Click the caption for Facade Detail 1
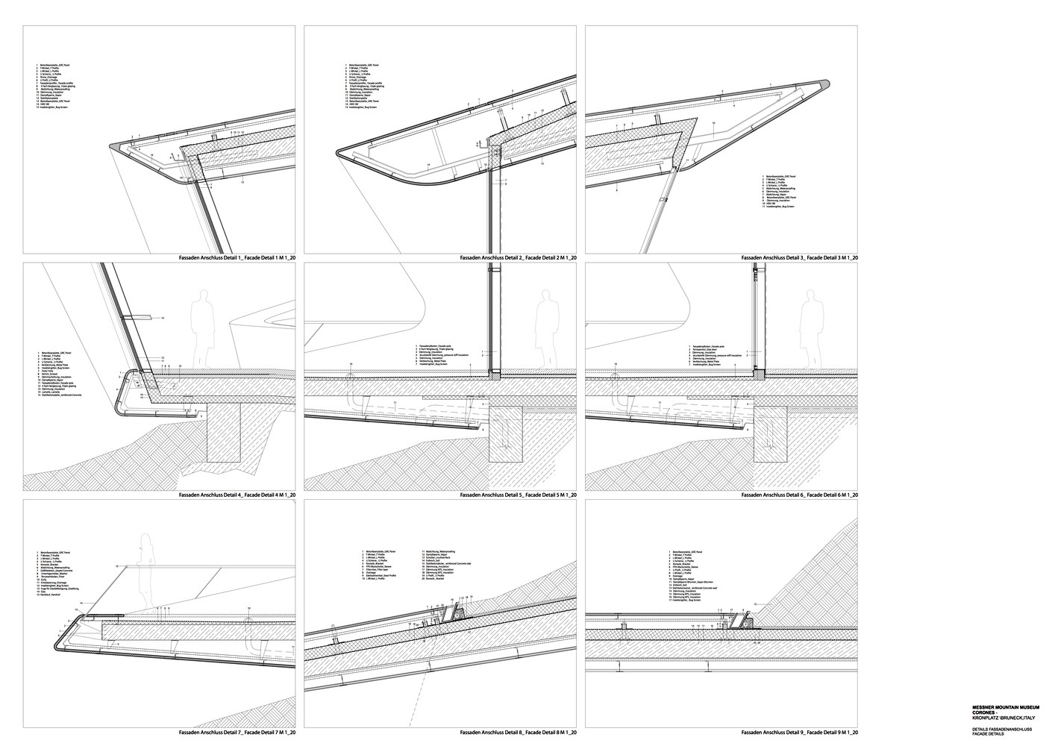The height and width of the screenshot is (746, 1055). tap(237, 257)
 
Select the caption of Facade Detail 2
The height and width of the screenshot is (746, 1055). tap(518, 257)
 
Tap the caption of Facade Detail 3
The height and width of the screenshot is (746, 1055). tap(799, 257)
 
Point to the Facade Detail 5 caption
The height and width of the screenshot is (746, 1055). tap(518, 495)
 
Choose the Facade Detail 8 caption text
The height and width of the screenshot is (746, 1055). tap(518, 733)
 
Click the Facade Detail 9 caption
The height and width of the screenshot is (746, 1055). tap(799, 733)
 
